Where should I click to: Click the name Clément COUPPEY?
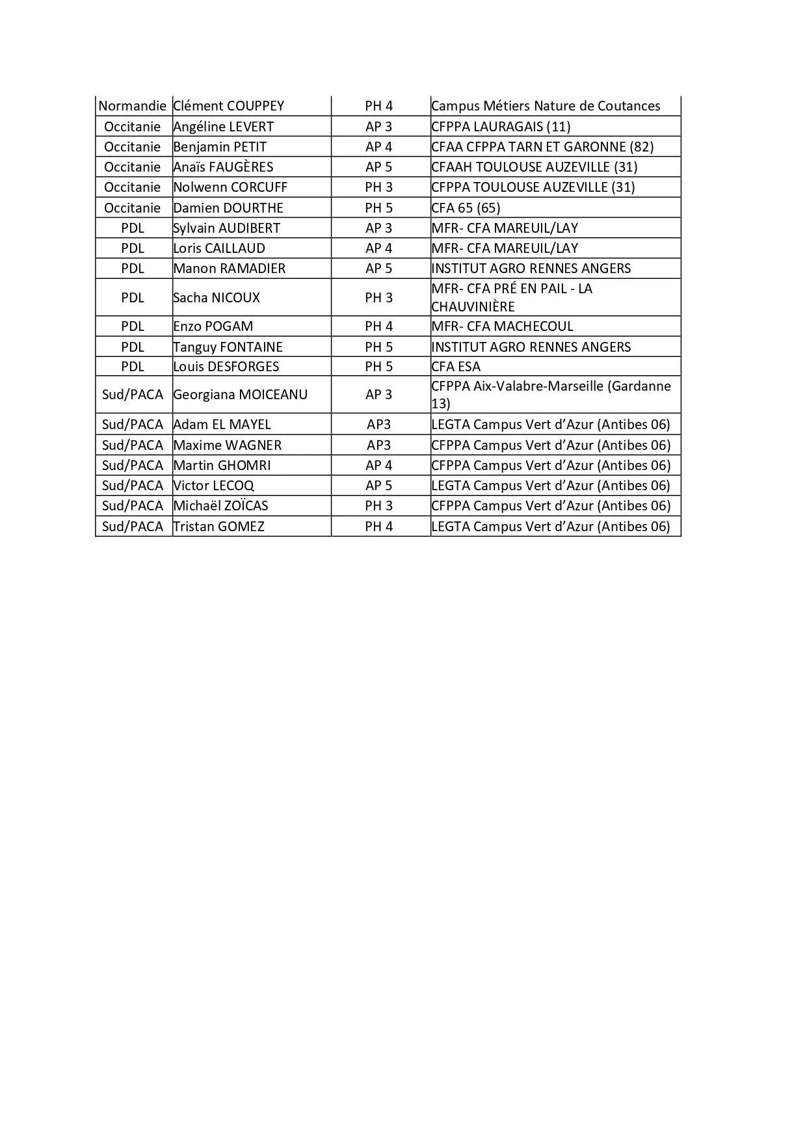[228, 106]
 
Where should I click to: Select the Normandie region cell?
[133, 106]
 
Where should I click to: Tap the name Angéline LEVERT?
[223, 127]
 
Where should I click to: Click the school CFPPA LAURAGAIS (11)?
[501, 127]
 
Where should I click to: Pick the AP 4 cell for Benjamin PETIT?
[379, 147]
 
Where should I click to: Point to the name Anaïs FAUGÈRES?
[223, 167]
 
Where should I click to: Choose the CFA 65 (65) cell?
[466, 208]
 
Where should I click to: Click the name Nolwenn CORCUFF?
[230, 187]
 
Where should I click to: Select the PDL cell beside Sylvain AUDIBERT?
[133, 228]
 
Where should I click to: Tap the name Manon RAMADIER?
[229, 269]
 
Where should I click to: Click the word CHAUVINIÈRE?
[473, 307]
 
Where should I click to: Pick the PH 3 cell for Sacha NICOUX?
[379, 298]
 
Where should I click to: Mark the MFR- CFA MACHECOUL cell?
[502, 326]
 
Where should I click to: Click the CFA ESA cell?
[456, 367]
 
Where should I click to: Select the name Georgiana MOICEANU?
[240, 395]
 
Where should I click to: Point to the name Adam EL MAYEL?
[222, 425]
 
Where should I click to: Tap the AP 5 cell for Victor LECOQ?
[379, 486]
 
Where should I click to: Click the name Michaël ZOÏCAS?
[220, 506]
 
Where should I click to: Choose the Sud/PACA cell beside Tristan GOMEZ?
[133, 527]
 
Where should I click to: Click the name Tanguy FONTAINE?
[228, 347]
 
